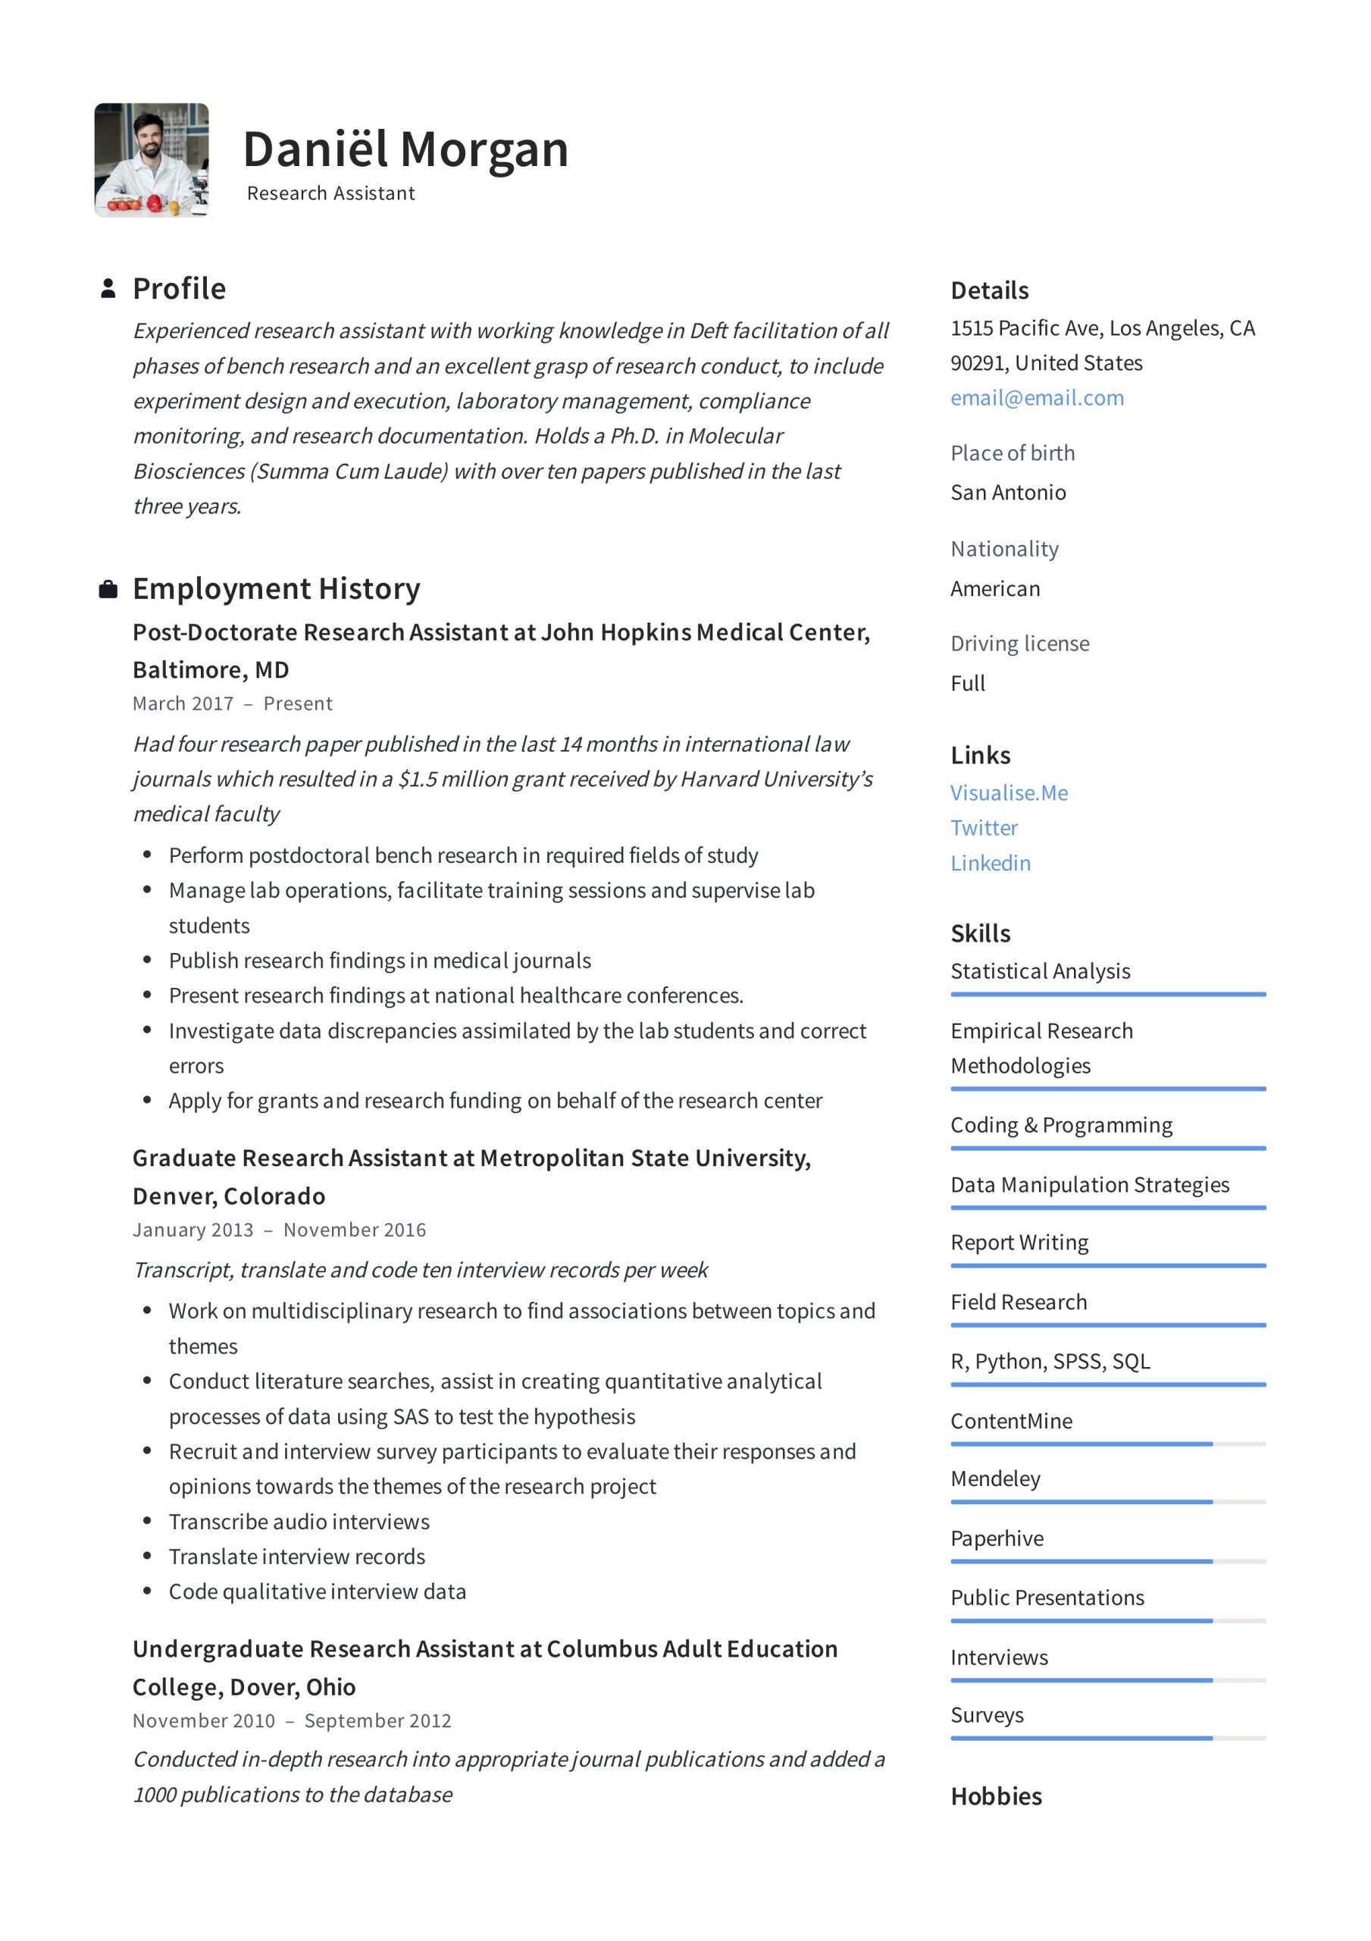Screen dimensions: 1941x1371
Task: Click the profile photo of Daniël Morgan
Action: (152, 160)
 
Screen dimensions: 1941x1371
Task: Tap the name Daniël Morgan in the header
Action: (405, 149)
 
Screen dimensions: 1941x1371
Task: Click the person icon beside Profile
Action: (108, 288)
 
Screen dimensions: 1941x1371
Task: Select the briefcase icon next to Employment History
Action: (108, 589)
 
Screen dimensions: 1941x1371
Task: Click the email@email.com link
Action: (1036, 397)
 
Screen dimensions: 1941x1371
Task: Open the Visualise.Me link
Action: (1009, 792)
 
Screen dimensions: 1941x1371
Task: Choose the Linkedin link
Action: (990, 862)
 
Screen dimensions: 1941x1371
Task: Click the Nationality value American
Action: (994, 588)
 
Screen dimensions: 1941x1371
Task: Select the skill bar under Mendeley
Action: (1107, 1501)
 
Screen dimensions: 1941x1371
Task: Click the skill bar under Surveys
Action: (1107, 1738)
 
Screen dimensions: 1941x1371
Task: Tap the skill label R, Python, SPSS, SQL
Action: (1050, 1360)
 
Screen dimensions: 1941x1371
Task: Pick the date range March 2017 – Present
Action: (233, 704)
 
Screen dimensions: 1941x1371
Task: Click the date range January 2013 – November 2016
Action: (279, 1229)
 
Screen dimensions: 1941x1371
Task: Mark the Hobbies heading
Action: (996, 1795)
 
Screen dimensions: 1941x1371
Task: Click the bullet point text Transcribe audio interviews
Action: (299, 1522)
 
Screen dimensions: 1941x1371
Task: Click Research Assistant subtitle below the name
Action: (330, 193)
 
